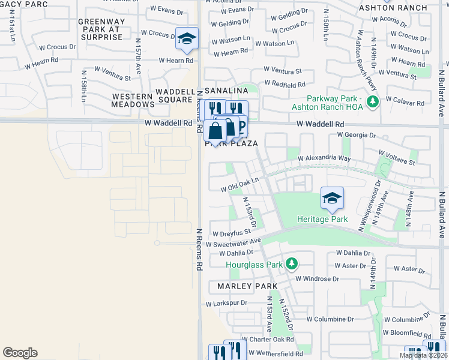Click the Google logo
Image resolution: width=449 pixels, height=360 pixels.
(x=20, y=353)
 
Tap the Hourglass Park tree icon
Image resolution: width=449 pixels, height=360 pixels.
(x=292, y=264)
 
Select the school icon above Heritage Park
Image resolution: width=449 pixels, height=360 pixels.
(x=332, y=198)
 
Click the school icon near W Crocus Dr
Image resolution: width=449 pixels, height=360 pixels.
(x=187, y=38)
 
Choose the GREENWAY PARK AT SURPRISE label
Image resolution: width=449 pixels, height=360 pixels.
(x=100, y=29)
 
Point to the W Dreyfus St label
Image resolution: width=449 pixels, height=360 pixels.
(x=231, y=232)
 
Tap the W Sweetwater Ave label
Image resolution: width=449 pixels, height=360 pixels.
(x=234, y=242)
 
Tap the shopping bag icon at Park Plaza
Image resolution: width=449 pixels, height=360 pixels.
(x=215, y=131)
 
